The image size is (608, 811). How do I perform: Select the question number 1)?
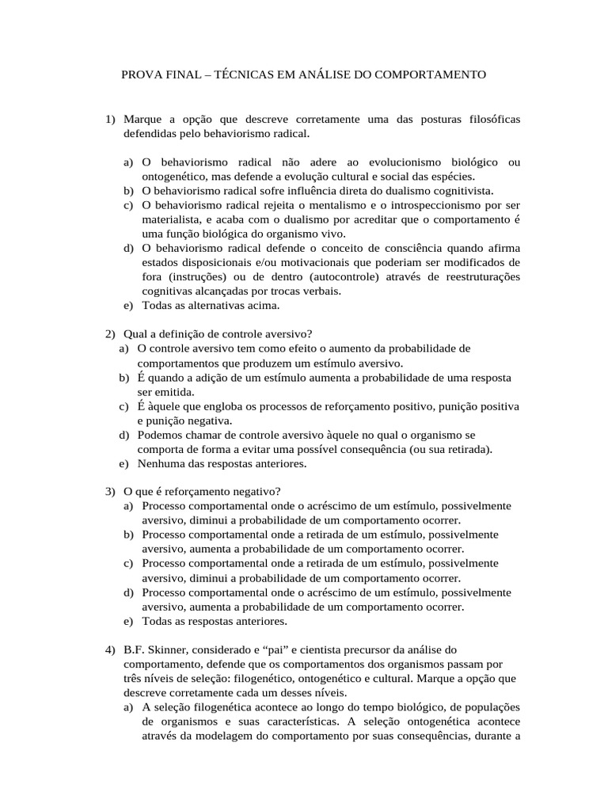coord(111,120)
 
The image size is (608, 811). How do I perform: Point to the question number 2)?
coord(111,334)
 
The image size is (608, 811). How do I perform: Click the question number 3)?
coord(111,492)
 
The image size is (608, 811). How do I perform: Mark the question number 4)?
coord(111,650)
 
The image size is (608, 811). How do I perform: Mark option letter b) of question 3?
coord(128,535)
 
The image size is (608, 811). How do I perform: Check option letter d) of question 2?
coord(123,435)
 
